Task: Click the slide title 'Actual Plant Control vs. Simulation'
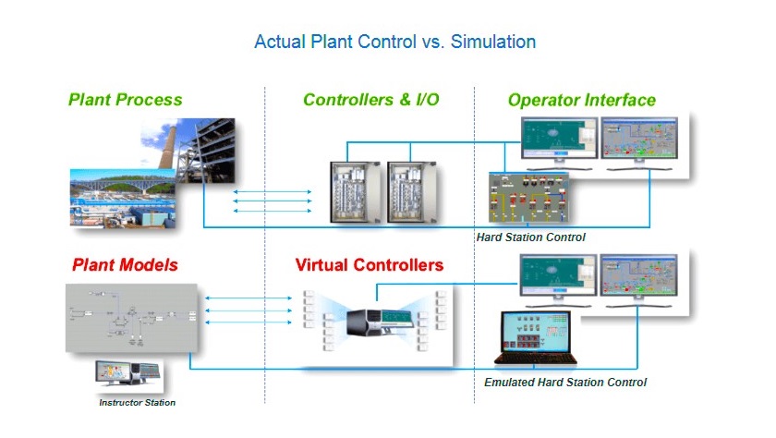click(x=395, y=42)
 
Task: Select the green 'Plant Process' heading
click(x=126, y=100)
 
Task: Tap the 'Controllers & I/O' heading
click(x=371, y=100)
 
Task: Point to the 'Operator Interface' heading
click(x=581, y=100)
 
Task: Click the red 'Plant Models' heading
click(x=125, y=265)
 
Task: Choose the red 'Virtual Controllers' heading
click(x=370, y=265)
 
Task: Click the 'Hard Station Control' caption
click(x=530, y=237)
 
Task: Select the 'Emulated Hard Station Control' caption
click(x=565, y=382)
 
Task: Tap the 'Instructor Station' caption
click(x=137, y=402)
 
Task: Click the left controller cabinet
click(x=356, y=191)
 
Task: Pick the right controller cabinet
click(x=412, y=191)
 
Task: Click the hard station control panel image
click(x=528, y=198)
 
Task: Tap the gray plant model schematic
click(x=131, y=318)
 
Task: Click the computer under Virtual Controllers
click(x=380, y=322)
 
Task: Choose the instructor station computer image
click(x=128, y=374)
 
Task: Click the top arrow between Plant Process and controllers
click(x=273, y=191)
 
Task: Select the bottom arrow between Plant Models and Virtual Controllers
click(x=249, y=322)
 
